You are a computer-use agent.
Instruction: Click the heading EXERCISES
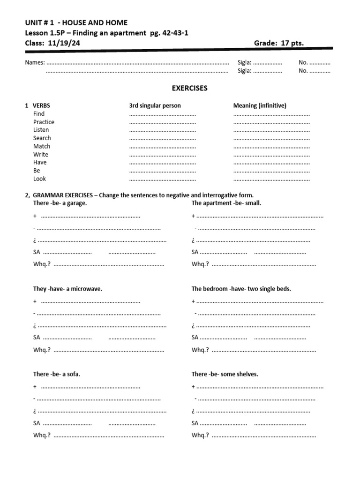pyautogui.click(x=189, y=88)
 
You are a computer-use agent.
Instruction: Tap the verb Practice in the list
pyautogui.click(x=44, y=122)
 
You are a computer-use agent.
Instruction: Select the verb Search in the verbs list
pyautogui.click(x=42, y=138)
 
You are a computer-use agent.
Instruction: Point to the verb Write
pyautogui.click(x=41, y=154)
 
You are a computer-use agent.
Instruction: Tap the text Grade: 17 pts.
pyautogui.click(x=279, y=43)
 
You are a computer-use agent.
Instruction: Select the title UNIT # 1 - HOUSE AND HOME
pyautogui.click(x=76, y=22)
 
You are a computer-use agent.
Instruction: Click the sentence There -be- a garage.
pyautogui.click(x=60, y=203)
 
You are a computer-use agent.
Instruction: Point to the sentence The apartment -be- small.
pyautogui.click(x=226, y=203)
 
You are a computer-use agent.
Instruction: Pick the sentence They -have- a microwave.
pyautogui.click(x=67, y=289)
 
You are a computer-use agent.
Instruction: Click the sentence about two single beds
pyautogui.click(x=241, y=289)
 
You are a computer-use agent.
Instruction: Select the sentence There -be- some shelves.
pyautogui.click(x=225, y=374)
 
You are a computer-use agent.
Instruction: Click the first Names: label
pyautogui.click(x=35, y=62)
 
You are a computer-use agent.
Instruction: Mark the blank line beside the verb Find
pyautogui.click(x=162, y=114)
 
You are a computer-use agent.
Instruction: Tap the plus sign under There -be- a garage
pyautogui.click(x=35, y=216)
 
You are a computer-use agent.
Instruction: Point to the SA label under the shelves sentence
pyautogui.click(x=195, y=423)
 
